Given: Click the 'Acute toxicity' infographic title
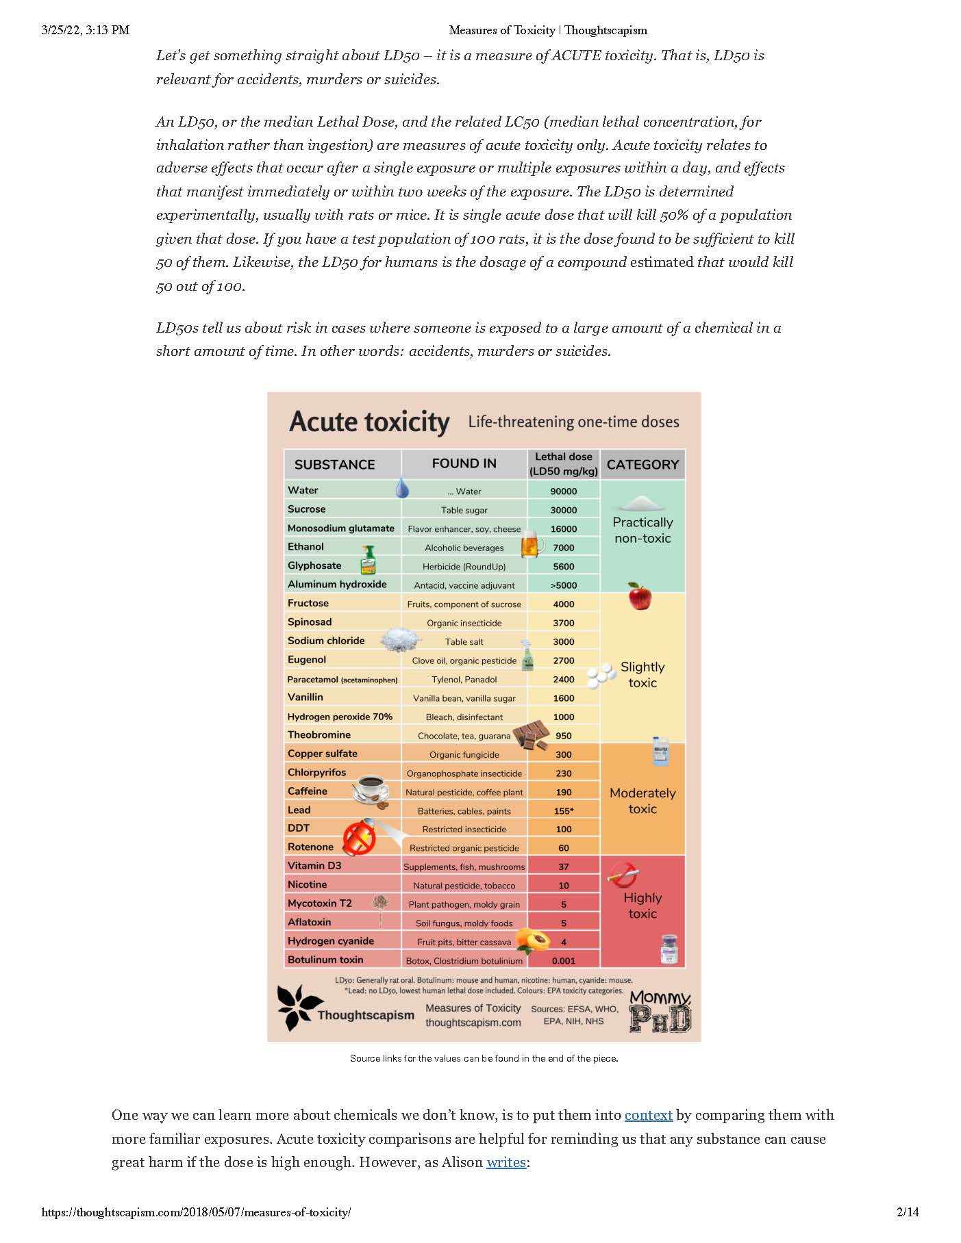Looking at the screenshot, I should (x=369, y=422).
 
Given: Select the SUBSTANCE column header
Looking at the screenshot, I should (x=334, y=465).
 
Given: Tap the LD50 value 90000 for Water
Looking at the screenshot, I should (x=563, y=491).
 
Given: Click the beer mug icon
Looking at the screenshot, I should (x=532, y=544).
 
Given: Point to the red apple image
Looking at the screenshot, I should (x=640, y=596).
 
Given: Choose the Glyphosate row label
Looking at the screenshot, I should (x=314, y=565).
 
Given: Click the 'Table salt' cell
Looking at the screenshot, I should (x=464, y=642).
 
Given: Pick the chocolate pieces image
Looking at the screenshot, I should (x=532, y=735).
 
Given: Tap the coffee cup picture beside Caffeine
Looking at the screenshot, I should (x=371, y=791).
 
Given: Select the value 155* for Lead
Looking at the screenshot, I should (x=563, y=811).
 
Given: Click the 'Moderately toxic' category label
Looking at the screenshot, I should (x=642, y=801).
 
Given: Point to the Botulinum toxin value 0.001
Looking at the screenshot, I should (x=563, y=961).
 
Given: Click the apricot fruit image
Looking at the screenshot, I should (x=532, y=940).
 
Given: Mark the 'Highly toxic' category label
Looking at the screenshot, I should (x=642, y=906).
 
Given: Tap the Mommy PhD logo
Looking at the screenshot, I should (x=660, y=1012).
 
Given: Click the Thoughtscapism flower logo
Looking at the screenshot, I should (x=299, y=1008).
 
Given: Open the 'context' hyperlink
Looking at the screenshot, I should (x=648, y=1115).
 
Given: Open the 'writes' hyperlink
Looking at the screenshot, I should (x=506, y=1162).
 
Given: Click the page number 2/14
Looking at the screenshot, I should (x=908, y=1212).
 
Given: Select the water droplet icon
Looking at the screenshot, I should (x=402, y=487).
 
